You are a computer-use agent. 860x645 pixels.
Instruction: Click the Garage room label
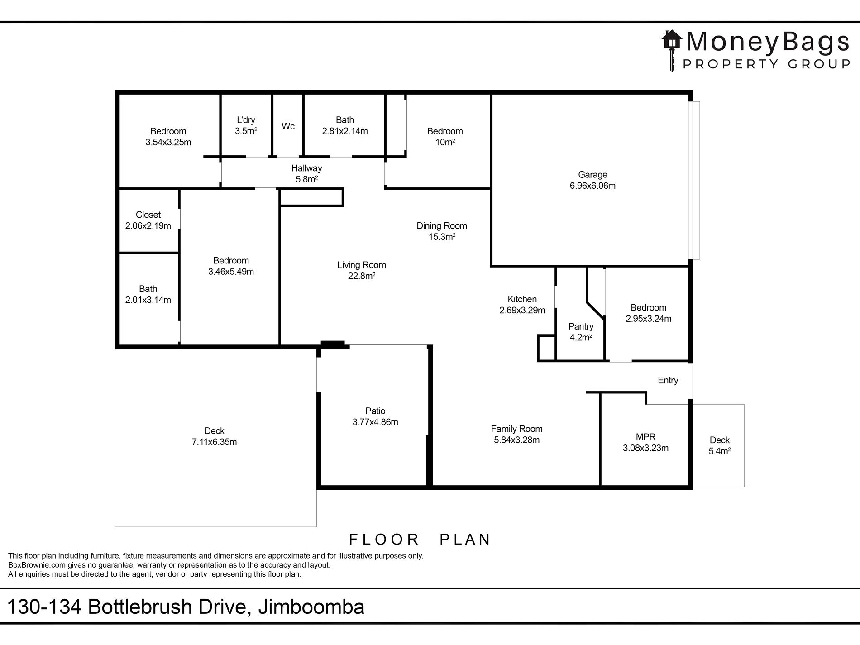[592, 175]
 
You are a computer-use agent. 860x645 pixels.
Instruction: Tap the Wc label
[288, 126]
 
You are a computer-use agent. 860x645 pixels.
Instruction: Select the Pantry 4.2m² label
[581, 332]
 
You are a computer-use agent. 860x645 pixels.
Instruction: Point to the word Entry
[668, 380]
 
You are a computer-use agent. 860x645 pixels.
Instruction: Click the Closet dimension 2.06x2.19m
[148, 226]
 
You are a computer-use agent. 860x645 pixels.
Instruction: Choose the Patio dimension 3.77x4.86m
[375, 422]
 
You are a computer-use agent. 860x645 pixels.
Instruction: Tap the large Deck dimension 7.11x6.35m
[214, 442]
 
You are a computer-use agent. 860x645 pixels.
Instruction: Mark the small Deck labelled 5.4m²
[719, 445]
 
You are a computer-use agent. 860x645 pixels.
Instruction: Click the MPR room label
[645, 437]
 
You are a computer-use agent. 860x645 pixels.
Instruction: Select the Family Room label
[516, 429]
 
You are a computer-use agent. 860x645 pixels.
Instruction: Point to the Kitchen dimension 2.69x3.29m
[522, 311]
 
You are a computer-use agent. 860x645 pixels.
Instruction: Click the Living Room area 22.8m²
[361, 276]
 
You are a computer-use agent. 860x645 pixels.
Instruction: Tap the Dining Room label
[441, 225]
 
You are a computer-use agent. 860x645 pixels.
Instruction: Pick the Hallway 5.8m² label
[306, 174]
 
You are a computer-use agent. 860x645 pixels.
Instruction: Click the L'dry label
[246, 120]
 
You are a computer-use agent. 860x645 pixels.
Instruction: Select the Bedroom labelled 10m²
[444, 137]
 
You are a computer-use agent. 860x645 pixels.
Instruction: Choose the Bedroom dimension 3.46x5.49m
[231, 272]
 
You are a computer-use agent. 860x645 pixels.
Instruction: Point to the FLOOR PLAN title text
[420, 540]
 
